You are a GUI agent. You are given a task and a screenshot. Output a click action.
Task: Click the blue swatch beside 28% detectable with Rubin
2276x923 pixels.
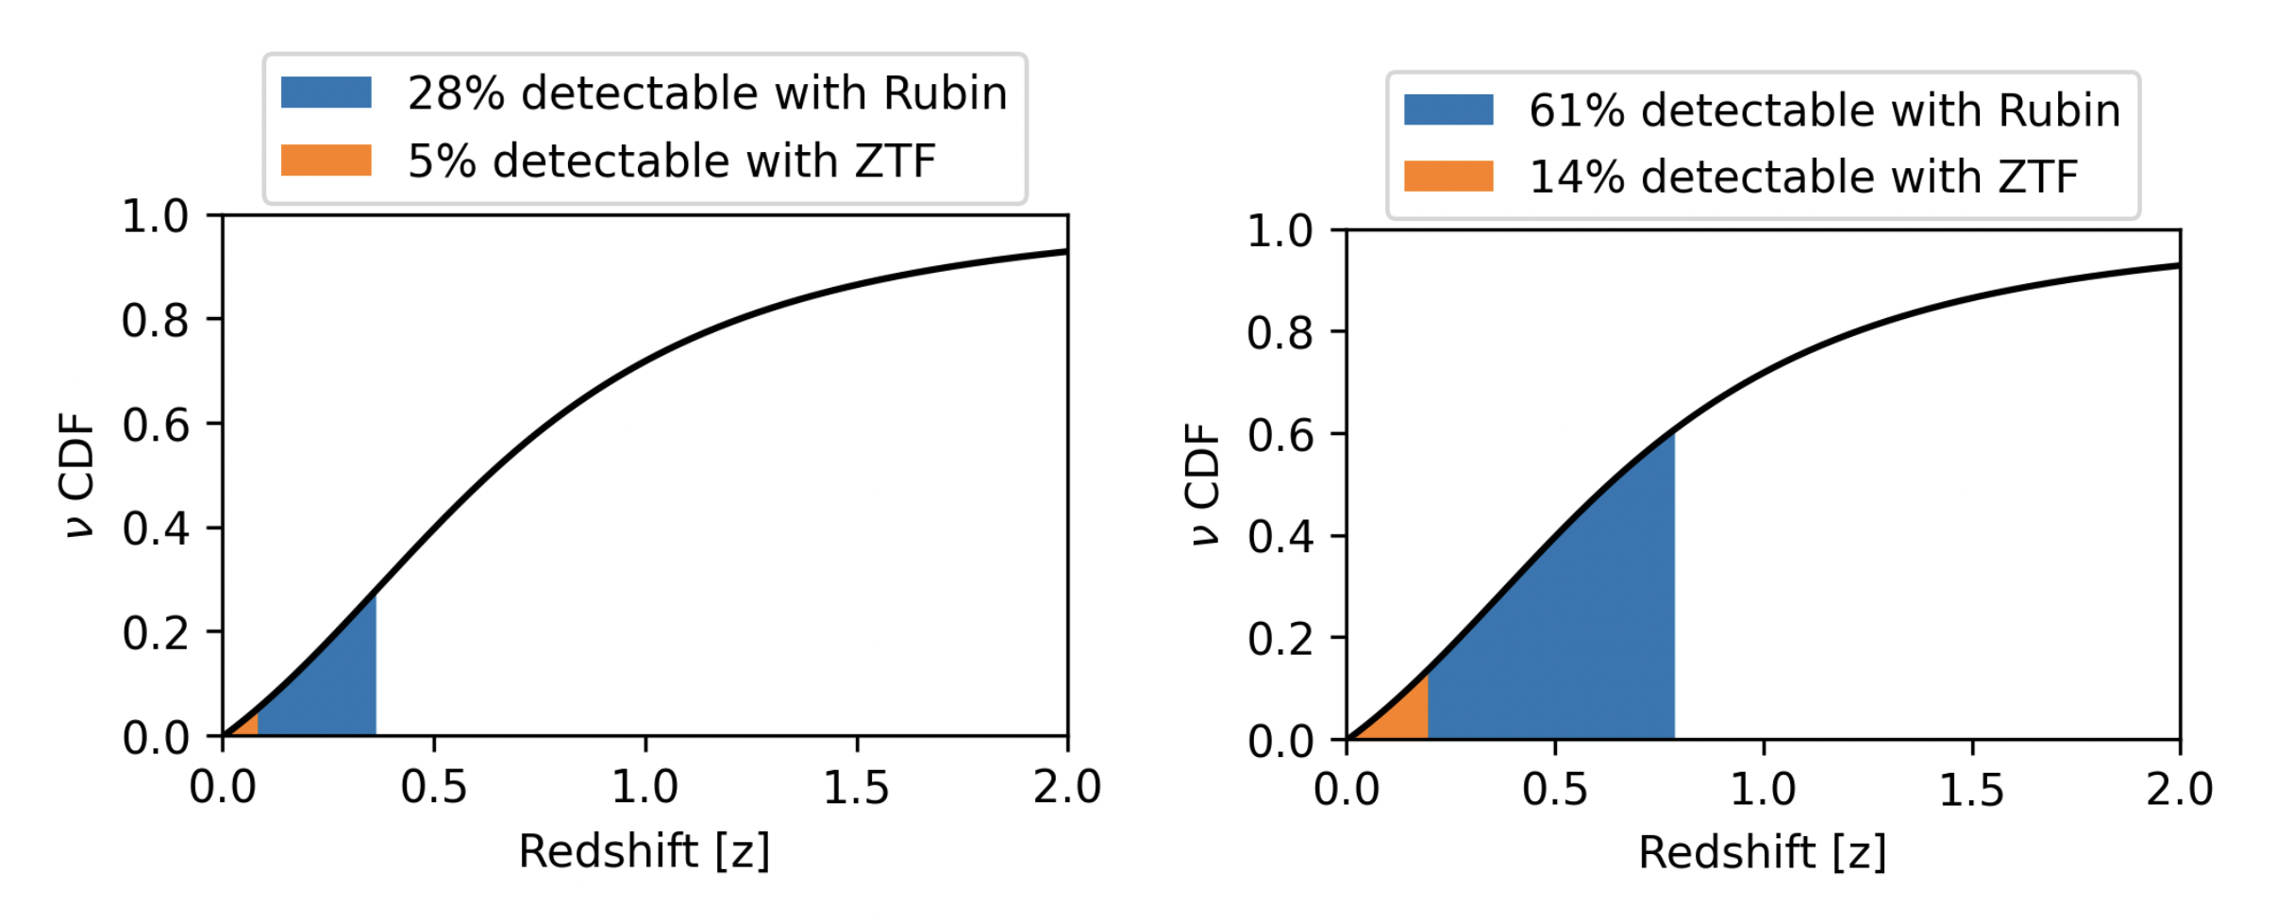326,92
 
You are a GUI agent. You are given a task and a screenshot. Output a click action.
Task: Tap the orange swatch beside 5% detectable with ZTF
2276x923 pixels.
326,159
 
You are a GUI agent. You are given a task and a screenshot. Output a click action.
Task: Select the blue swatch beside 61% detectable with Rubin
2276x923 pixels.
1448,109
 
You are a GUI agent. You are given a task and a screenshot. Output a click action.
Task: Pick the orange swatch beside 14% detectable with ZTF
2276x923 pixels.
1448,176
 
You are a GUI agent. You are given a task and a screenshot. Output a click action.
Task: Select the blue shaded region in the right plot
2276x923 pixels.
1566,642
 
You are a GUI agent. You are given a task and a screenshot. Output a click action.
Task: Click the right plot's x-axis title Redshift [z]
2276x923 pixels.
1762,853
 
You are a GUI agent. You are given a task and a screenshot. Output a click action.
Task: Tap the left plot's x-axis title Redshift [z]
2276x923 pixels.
644,851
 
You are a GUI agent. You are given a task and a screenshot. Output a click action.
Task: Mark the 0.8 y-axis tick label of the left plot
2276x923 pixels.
155,321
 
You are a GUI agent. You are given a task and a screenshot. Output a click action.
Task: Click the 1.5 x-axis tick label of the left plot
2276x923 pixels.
856,787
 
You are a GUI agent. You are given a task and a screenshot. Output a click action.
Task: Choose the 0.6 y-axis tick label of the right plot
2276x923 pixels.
1280,435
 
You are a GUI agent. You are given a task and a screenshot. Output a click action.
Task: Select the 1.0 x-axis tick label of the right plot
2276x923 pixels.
1763,789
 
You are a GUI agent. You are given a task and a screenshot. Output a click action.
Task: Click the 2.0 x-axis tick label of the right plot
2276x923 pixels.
2179,789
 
